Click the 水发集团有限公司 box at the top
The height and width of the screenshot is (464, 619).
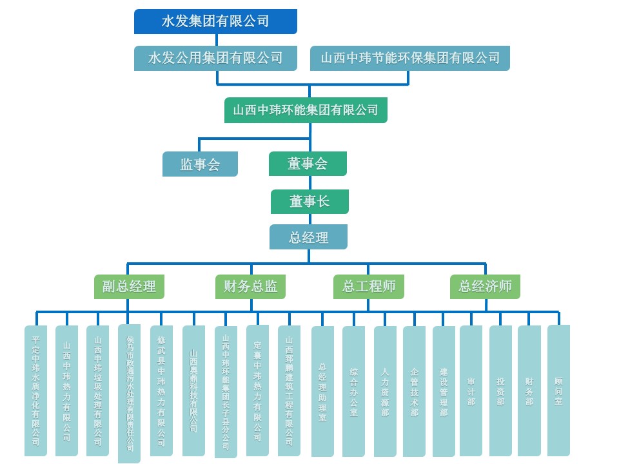[x=215, y=21]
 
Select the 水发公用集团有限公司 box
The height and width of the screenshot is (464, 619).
[x=216, y=58]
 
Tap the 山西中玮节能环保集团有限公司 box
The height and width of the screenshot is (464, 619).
[x=410, y=58]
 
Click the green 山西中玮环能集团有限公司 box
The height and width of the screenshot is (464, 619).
[x=306, y=110]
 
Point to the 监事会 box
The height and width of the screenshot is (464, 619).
[x=200, y=164]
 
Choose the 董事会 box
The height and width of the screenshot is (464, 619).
[x=308, y=164]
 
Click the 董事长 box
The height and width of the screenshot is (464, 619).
[x=309, y=202]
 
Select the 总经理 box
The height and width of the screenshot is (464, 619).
[x=308, y=237]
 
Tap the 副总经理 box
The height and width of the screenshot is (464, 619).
[x=129, y=286]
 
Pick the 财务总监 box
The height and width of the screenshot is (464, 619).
[x=250, y=286]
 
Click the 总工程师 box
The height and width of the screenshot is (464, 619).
[x=369, y=286]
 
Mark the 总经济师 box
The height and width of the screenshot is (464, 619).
[x=485, y=286]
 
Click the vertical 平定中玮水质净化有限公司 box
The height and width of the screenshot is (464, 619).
[x=35, y=391]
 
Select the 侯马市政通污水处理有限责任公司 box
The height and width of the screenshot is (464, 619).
[x=130, y=393]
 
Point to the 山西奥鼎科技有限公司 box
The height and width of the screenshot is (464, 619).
[x=193, y=391]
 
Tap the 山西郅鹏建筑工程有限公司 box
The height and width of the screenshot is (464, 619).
[x=289, y=391]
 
